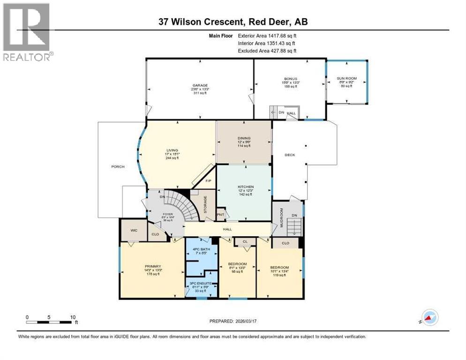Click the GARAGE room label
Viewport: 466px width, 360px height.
point(199,85)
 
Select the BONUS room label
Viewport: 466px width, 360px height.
point(290,79)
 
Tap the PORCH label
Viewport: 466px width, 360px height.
point(117,166)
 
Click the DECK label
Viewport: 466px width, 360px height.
point(290,155)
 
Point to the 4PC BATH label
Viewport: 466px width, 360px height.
point(201,249)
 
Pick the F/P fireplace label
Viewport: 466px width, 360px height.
point(209,180)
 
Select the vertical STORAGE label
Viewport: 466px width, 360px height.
point(205,205)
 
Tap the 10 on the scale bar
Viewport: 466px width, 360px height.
point(73,317)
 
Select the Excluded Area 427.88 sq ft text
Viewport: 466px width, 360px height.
point(267,51)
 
